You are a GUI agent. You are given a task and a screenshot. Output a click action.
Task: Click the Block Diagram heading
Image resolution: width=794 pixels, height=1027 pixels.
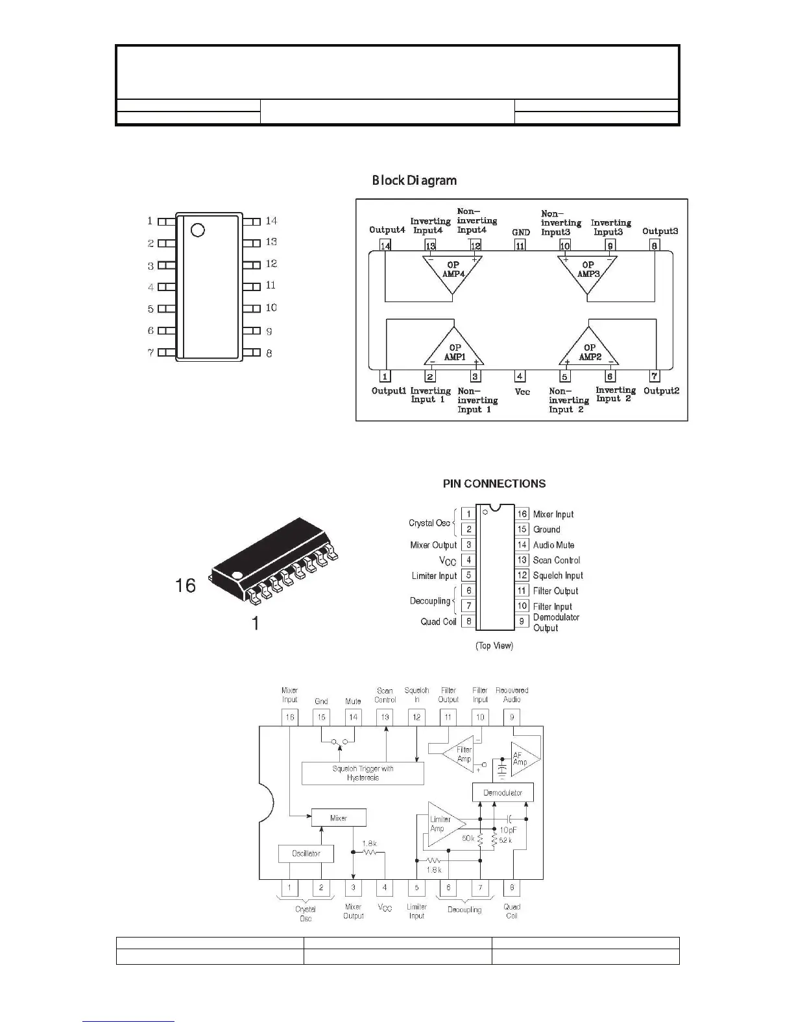[414, 180]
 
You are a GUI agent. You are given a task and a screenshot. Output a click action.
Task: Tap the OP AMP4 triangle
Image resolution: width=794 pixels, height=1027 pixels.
[453, 272]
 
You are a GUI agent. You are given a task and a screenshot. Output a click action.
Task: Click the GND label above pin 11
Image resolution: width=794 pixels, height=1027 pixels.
[520, 232]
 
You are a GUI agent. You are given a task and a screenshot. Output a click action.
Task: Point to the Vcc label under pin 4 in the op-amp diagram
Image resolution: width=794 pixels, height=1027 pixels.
[522, 392]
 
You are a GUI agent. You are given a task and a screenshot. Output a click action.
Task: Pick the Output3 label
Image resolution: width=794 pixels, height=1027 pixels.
[660, 231]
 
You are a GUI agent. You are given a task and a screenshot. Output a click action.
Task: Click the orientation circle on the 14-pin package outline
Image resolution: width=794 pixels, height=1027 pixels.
[198, 230]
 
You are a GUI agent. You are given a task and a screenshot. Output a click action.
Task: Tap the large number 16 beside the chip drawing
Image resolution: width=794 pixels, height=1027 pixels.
[186, 586]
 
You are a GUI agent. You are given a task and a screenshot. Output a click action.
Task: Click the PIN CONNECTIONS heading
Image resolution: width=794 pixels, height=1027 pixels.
[494, 484]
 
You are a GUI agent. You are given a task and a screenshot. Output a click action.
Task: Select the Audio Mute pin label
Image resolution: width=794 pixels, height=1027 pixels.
[553, 545]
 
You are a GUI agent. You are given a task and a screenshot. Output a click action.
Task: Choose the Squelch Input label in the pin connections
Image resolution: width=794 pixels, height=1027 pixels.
[558, 576]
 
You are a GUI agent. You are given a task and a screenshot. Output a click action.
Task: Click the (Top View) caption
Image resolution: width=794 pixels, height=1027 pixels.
[494, 646]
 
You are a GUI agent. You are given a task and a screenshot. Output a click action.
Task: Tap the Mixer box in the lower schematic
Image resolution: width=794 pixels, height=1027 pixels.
[339, 818]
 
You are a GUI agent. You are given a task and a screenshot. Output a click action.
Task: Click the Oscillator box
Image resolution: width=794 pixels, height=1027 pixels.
[306, 853]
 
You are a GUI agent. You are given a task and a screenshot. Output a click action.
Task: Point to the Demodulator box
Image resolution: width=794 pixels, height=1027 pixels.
[503, 792]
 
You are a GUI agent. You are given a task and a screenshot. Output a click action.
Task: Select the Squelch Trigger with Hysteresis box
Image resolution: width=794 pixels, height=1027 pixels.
[363, 773]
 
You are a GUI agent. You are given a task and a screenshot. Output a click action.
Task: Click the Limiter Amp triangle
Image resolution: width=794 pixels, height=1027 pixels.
[444, 824]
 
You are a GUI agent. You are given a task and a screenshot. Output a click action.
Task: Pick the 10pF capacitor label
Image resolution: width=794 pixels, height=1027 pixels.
[508, 830]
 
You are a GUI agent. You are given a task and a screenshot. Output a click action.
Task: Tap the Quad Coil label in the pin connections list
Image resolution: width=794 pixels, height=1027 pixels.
[439, 622]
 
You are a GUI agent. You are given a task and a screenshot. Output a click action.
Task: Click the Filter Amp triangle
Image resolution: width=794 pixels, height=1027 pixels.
[462, 753]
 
